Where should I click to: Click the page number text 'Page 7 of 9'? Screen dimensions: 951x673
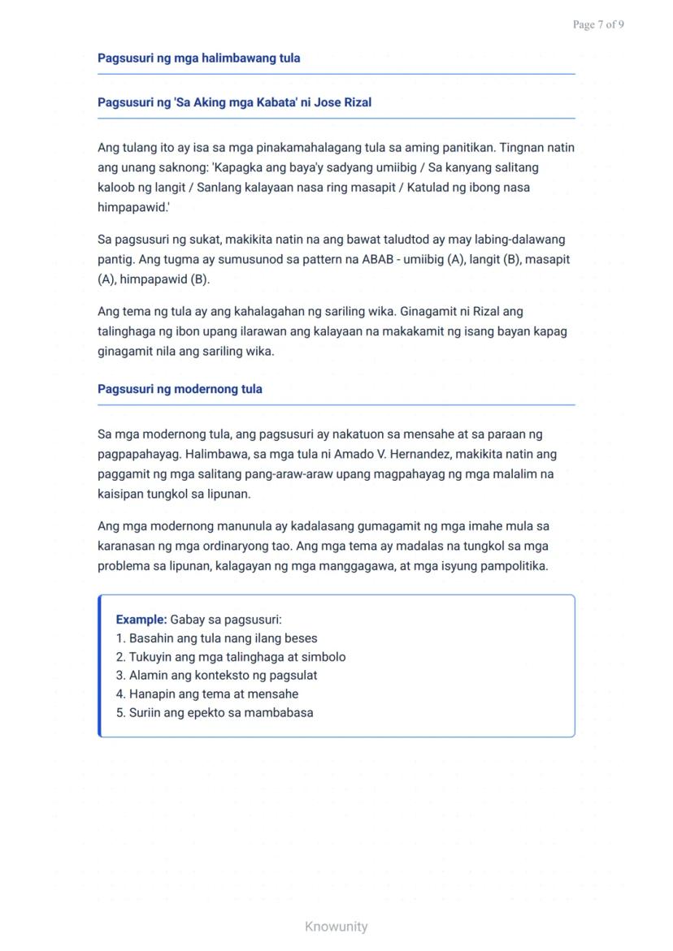[x=598, y=24]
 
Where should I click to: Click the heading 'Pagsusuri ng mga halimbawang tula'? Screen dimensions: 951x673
[x=198, y=58]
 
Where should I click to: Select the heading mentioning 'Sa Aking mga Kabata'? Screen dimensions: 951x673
[x=234, y=102]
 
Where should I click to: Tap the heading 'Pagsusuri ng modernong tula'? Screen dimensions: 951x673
[x=180, y=389]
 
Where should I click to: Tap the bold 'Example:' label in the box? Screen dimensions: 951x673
[x=141, y=620]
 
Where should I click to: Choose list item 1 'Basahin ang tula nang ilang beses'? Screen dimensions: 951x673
[x=216, y=638]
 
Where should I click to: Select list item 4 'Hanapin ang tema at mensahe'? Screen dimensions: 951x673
[x=207, y=694]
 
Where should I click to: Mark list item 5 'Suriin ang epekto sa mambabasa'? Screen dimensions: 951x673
[x=215, y=713]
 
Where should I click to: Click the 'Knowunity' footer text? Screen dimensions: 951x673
[x=336, y=927]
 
